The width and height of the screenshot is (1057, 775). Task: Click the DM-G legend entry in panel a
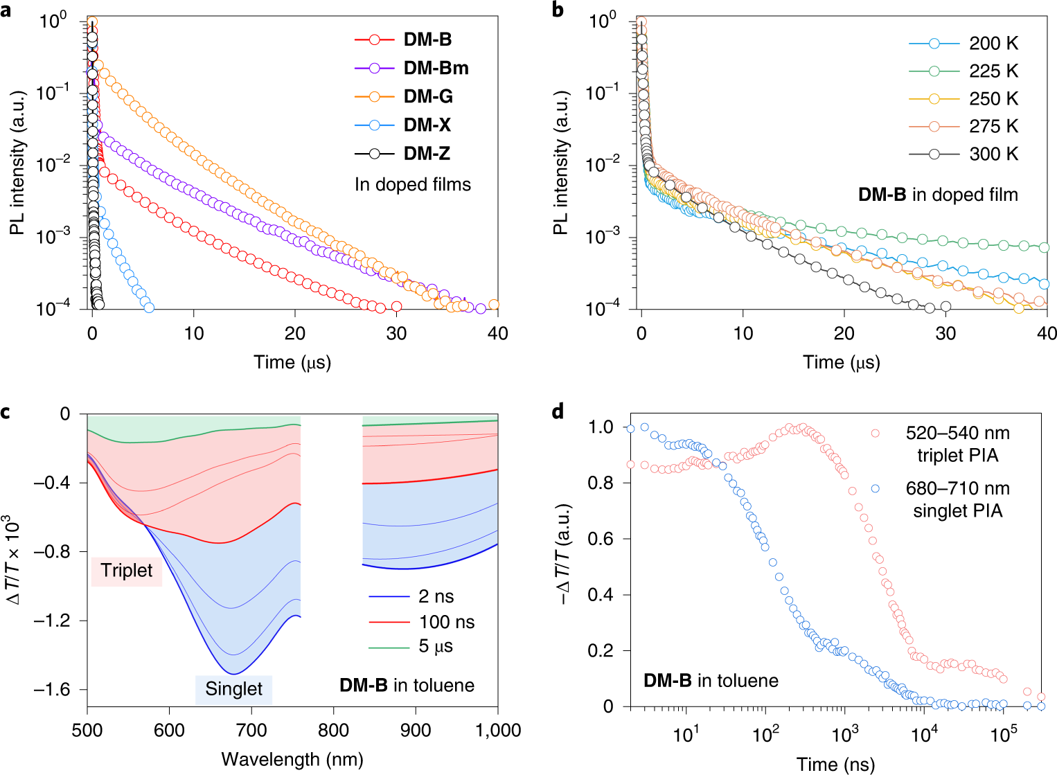[428, 96]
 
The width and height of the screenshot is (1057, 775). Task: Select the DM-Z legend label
[427, 153]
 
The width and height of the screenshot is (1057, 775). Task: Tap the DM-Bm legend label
[436, 68]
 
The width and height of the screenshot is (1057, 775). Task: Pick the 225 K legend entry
[993, 71]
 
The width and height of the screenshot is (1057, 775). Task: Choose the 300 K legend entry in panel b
[993, 154]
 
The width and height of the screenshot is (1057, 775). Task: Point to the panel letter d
[558, 413]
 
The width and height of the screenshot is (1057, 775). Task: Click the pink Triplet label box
[126, 570]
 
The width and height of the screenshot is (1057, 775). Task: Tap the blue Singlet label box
[233, 688]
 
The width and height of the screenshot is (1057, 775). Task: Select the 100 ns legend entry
[446, 622]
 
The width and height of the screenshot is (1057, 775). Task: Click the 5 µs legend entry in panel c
[436, 646]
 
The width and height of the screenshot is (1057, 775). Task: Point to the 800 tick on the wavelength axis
[333, 731]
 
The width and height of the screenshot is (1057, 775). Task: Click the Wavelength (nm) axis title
[292, 759]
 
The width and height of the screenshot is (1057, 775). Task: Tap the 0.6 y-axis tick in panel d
[600, 539]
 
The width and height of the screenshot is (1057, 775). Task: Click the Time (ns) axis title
[835, 764]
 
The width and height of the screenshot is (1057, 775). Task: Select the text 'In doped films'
[412, 184]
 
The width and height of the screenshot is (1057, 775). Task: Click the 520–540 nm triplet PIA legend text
[957, 444]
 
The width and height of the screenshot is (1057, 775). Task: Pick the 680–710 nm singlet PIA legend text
[957, 499]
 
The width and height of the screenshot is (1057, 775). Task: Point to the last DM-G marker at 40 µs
[494, 305]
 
